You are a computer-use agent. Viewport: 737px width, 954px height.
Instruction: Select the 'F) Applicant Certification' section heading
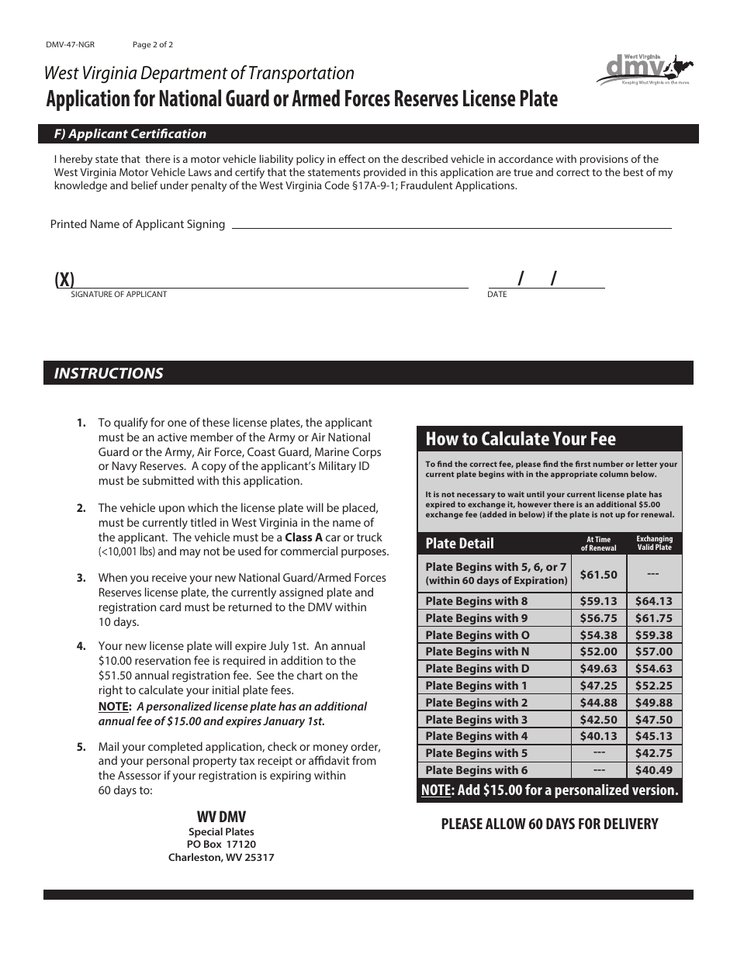(130, 134)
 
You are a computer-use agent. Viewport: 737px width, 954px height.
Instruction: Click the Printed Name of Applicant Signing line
(451, 226)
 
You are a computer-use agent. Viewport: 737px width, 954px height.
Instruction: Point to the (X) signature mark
(64, 280)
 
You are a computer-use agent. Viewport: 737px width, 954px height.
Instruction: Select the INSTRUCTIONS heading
(108, 373)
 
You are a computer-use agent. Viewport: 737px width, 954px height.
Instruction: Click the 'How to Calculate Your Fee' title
(520, 439)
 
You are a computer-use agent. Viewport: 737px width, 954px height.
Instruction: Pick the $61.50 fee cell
(598, 575)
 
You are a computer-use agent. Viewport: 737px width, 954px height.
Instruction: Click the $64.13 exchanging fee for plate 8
(653, 601)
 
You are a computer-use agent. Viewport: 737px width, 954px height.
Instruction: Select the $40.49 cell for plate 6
(653, 770)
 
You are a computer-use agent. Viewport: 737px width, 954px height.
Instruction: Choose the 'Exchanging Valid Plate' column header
(653, 543)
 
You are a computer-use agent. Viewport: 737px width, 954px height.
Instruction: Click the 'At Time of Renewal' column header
(598, 543)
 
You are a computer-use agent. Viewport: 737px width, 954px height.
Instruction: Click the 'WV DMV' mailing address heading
(221, 817)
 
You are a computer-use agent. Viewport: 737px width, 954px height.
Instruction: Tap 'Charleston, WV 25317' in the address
(221, 858)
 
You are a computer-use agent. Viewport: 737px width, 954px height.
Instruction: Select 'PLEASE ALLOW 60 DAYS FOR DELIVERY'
(549, 824)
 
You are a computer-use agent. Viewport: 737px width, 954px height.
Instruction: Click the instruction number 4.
(81, 646)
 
